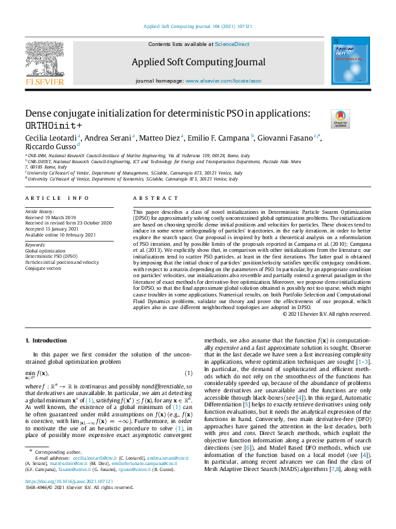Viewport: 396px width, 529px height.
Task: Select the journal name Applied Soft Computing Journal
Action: [198, 63]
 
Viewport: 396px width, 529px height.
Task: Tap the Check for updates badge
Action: [340, 119]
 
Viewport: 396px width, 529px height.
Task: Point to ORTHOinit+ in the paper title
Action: [54, 125]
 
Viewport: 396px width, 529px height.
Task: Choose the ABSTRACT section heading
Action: [152, 199]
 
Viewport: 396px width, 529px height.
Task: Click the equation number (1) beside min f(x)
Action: [188, 373]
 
